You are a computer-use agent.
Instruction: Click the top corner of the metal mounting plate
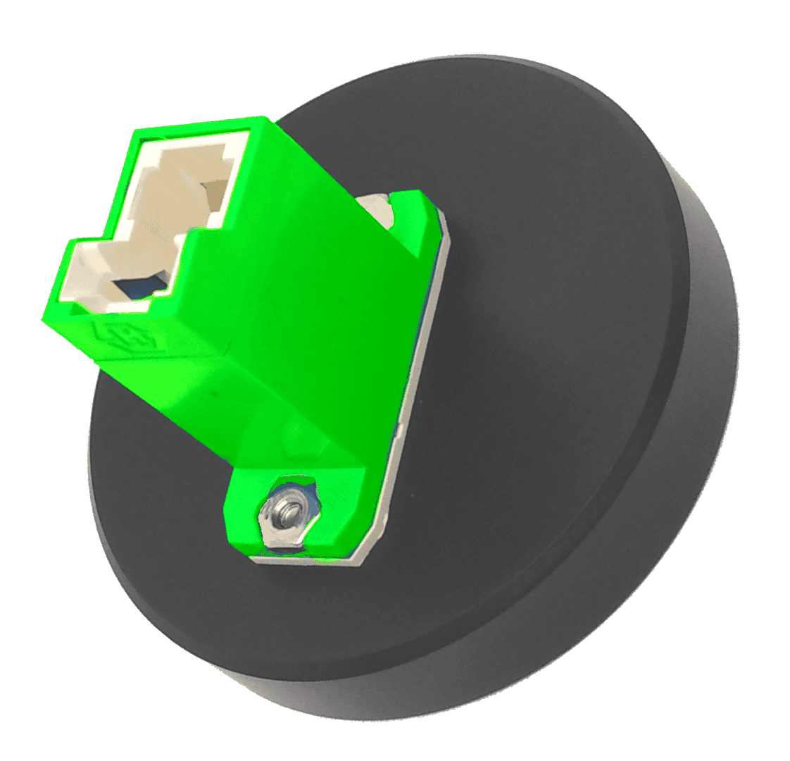click(441, 212)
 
